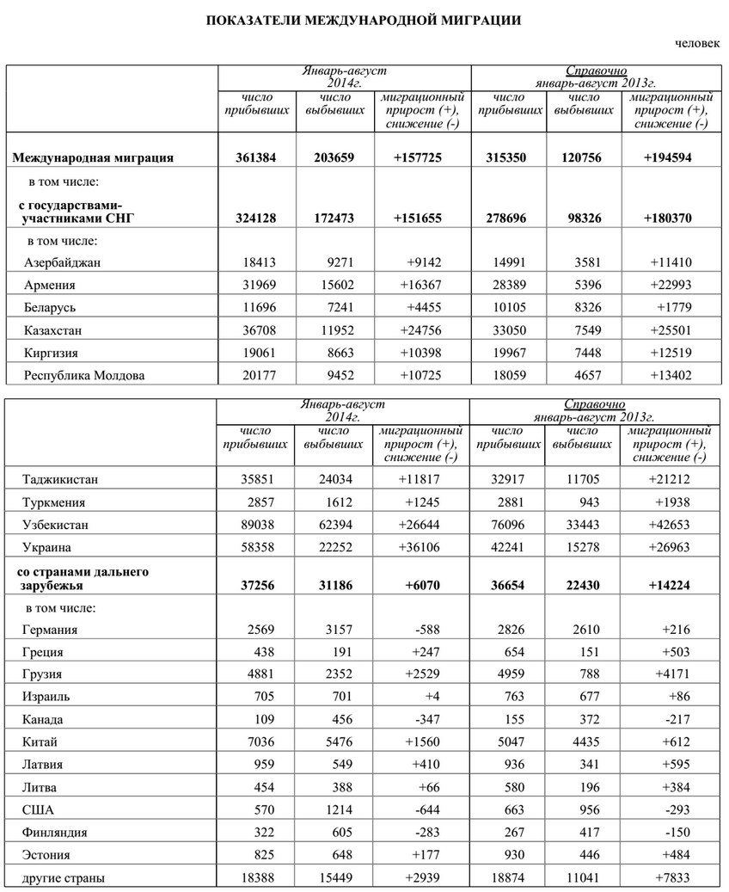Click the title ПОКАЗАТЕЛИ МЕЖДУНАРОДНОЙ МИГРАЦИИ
364,19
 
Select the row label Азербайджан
64,262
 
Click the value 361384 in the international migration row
255,157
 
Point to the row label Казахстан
56,329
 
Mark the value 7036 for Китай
259,742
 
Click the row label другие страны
64,878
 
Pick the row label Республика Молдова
86,375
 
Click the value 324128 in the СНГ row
255,218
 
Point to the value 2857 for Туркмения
259,502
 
